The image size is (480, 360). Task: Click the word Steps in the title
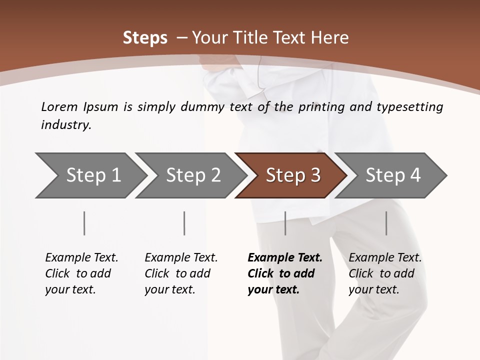(145, 38)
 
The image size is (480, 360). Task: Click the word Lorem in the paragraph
(59, 107)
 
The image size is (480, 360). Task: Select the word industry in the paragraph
(65, 125)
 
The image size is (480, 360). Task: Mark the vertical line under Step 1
(84, 223)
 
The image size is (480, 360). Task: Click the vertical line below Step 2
(184, 223)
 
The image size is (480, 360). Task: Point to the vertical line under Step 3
(285, 223)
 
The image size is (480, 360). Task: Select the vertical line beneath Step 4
(386, 223)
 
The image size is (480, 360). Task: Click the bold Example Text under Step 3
(285, 258)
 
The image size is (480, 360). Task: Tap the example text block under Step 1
(81, 273)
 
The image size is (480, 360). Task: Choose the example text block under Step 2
(181, 273)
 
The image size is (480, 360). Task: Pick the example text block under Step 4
(385, 273)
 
